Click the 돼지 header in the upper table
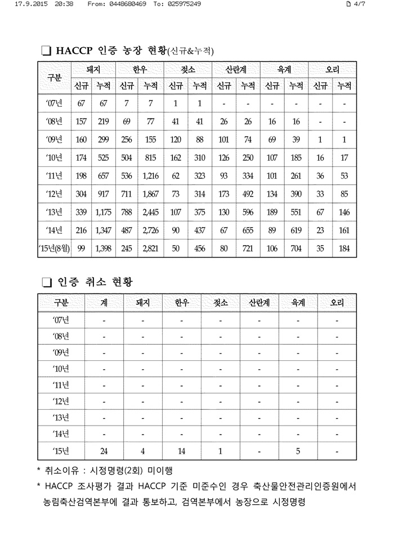pos(93,70)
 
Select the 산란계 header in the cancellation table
pos(259,302)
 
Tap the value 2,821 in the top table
pos(151,248)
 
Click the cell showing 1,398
pos(103,248)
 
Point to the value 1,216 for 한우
pos(151,175)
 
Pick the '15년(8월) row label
pos(55,248)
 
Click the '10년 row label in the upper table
pos(55,157)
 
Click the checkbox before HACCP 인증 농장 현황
pos(46,52)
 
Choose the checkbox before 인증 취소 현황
pos(46,281)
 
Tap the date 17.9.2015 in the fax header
pos(30,4)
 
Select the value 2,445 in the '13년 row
pos(151,212)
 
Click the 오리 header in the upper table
pos(332,70)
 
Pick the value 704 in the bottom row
pos(296,248)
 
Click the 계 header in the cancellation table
pos(104,302)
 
